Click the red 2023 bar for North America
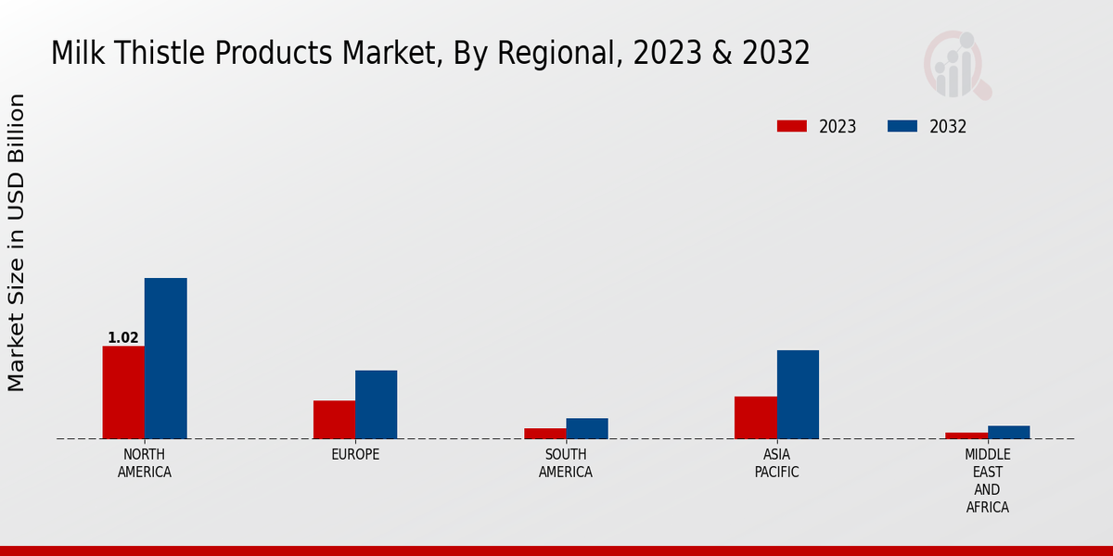123,392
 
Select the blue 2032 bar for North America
165,359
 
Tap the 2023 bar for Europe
334,420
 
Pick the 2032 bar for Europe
376,405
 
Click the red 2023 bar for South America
544,434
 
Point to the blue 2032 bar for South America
587,428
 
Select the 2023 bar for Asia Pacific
755,418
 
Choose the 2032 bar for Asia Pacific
798,395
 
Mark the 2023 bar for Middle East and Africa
966,436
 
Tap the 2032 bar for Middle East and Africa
1008,432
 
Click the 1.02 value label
123,338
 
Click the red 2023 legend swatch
791,127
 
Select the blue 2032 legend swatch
902,127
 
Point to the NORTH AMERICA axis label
145,463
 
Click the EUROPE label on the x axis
355,455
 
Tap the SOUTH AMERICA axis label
566,463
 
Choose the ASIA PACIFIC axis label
776,463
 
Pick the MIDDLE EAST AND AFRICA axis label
987,481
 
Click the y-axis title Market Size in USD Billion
17,243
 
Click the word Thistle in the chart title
163,54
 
